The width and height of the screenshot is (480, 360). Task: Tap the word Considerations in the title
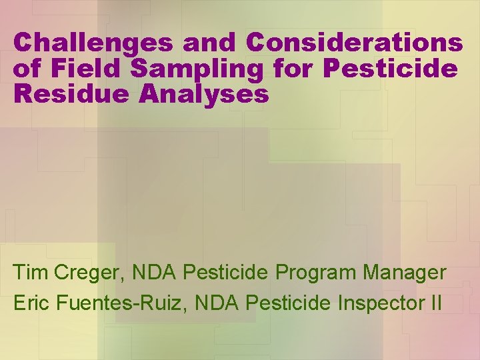[x=354, y=43]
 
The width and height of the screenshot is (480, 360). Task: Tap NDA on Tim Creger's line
[x=155, y=273]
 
